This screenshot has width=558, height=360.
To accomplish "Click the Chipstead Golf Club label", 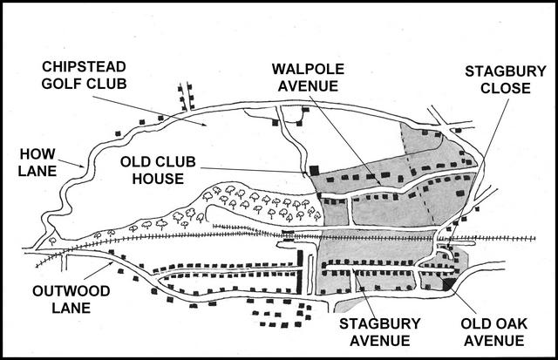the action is tap(84, 75).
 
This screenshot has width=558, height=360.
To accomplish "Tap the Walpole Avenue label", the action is tap(308, 78).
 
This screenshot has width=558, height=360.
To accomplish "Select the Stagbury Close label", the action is tap(506, 79).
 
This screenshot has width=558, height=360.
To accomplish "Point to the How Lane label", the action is tap(37, 163).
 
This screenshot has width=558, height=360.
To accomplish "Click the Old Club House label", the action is tap(158, 170).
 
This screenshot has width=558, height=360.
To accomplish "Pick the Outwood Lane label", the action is tap(71, 299).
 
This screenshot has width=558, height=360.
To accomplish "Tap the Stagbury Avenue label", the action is tap(380, 332).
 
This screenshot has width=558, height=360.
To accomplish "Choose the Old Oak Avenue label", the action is tap(494, 332).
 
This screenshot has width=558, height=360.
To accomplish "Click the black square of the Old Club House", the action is tap(314, 170).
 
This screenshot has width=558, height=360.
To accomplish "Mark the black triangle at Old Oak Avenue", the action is tap(448, 284).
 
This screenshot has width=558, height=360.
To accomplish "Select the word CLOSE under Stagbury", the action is tap(506, 88).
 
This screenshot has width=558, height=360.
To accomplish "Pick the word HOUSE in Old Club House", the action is tap(158, 178).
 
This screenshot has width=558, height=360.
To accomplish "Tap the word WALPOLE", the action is tap(308, 69).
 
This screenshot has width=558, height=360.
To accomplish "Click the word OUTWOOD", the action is tap(71, 291).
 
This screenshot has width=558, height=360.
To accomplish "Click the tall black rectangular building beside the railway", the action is tap(300, 272).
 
